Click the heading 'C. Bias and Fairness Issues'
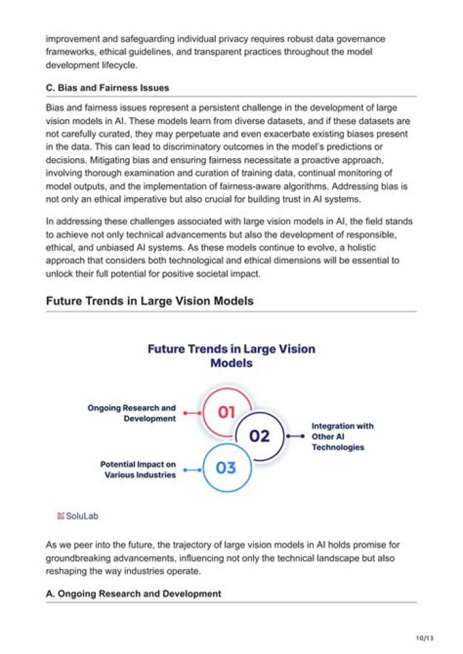coord(107,87)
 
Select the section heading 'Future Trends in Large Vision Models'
coord(149,301)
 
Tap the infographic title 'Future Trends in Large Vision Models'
coord(232,356)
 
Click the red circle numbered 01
coord(226,412)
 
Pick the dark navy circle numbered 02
coord(259,436)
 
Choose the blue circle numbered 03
coord(226,468)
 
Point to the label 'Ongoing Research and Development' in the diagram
coord(132,413)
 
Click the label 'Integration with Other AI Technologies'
coord(342,436)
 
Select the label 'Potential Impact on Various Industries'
coord(138,469)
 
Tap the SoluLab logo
coord(78,515)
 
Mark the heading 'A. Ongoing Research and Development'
coord(133,594)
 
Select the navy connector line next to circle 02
coord(295,436)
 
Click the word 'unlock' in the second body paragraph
coord(58,274)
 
